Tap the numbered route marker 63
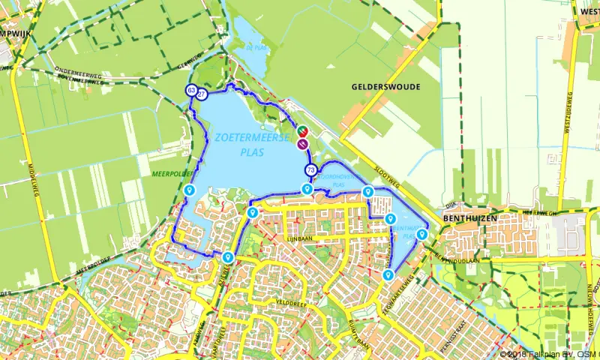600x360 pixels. tap(192, 91)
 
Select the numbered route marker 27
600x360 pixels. tap(202, 94)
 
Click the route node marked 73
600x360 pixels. tap(310, 170)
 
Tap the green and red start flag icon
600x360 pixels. tap(301, 131)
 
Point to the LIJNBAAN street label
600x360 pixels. tap(300, 237)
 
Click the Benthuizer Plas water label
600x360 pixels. tap(404, 229)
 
